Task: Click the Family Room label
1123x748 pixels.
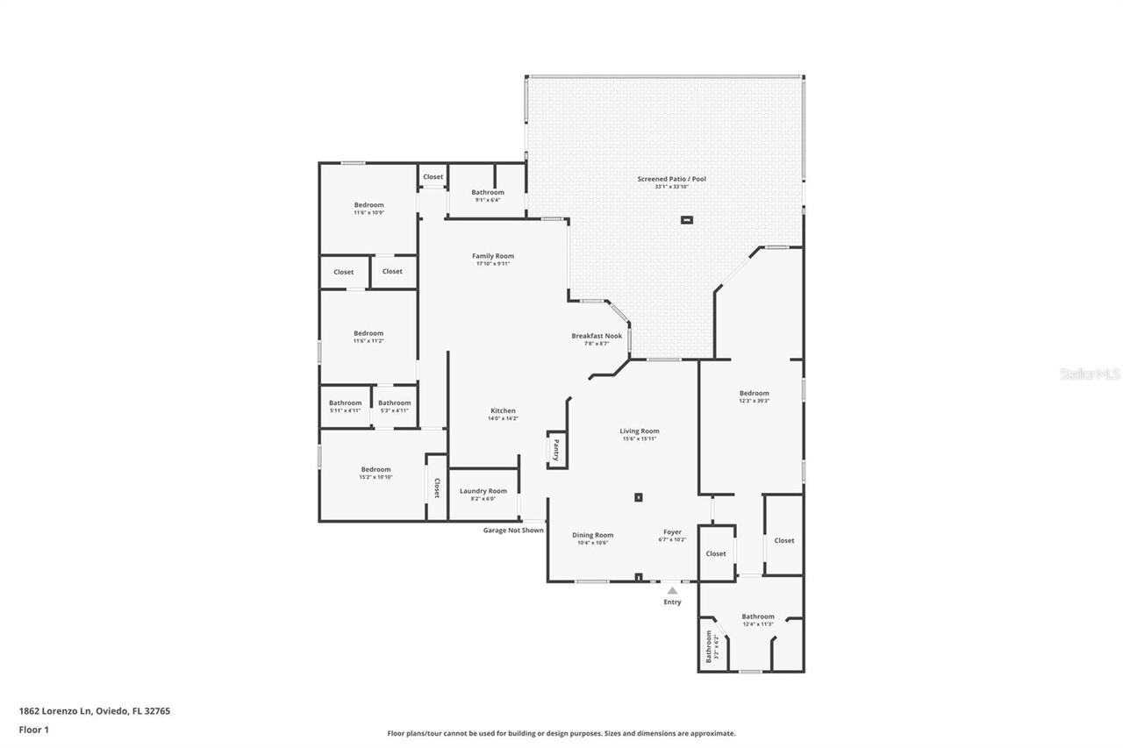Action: [x=492, y=256]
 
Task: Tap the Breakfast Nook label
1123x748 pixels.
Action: [x=597, y=336]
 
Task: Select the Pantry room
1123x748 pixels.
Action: [x=555, y=450]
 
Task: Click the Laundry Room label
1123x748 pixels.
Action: [x=483, y=491]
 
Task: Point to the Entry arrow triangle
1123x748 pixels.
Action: [x=672, y=591]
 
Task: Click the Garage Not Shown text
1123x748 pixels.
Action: [x=513, y=530]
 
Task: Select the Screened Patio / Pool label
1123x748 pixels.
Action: [x=671, y=179]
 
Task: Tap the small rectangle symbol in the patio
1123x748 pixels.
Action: [x=687, y=220]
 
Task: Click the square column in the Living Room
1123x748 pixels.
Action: [x=639, y=498]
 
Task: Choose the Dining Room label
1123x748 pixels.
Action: [x=593, y=535]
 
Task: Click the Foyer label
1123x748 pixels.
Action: [x=672, y=531]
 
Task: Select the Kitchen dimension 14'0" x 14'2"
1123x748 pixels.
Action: [x=503, y=418]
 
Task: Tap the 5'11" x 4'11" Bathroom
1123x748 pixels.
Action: [x=345, y=406]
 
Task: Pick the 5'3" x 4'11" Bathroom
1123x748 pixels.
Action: [x=394, y=406]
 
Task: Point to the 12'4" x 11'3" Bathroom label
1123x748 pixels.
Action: [x=758, y=616]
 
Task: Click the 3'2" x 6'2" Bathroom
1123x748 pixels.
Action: [x=710, y=648]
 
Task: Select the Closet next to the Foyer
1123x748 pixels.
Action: [x=716, y=553]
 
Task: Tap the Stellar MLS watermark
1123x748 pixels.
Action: [x=1090, y=374]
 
